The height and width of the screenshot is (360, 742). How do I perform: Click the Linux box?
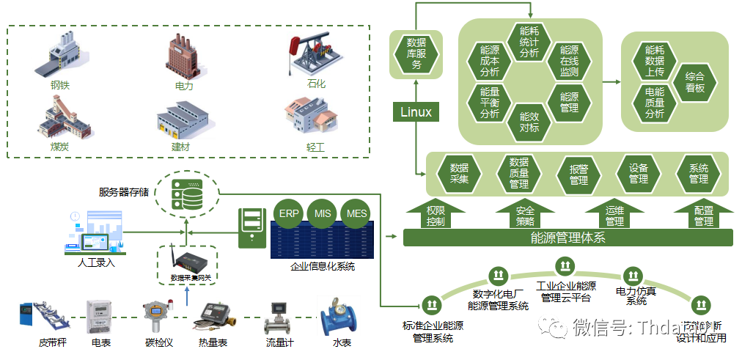416,112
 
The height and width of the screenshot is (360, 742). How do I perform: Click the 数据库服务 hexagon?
416,54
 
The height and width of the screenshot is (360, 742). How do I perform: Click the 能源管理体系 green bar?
568,238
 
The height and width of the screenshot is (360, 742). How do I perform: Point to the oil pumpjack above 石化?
309,56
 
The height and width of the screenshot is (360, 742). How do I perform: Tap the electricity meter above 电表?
100,317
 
